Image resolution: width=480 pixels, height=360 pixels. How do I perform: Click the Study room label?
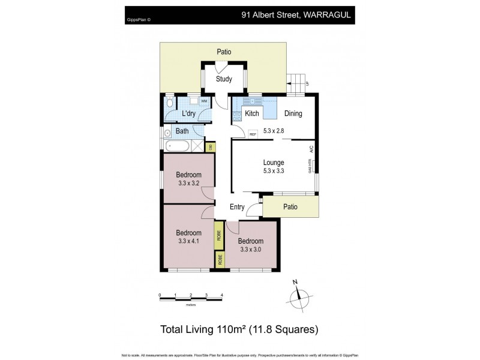[x=224, y=79]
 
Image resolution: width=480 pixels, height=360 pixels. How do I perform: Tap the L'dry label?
[x=189, y=114]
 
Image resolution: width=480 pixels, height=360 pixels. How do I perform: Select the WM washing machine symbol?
[x=204, y=101]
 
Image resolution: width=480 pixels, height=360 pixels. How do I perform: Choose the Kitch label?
[x=252, y=114]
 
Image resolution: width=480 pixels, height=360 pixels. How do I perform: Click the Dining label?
[x=293, y=114]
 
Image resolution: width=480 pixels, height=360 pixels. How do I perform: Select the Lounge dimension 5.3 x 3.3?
[x=274, y=171]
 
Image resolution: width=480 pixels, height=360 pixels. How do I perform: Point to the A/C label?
[x=311, y=148]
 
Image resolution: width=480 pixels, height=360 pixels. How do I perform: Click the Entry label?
[x=237, y=208]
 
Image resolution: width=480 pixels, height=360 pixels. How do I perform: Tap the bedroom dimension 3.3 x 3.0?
[x=251, y=250]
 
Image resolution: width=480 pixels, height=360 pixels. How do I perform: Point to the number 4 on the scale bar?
[x=222, y=295]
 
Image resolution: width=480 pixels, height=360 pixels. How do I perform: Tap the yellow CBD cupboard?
[x=210, y=146]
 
